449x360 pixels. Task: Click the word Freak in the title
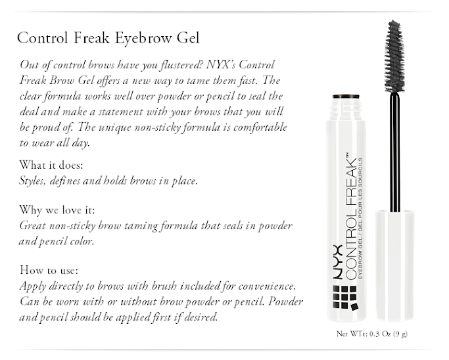(91, 38)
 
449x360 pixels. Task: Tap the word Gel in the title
(188, 38)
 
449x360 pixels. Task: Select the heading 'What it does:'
(51, 165)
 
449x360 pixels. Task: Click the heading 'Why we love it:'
(57, 210)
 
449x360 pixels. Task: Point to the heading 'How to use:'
(49, 270)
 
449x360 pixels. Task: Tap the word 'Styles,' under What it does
(32, 181)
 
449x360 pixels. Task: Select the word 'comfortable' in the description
(260, 127)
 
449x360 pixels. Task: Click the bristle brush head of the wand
(394, 56)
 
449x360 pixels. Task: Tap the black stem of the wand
(395, 152)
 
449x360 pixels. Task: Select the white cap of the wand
(395, 265)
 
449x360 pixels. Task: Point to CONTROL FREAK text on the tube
(351, 216)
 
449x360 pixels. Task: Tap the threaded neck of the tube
(346, 110)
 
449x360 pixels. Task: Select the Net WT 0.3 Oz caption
(372, 334)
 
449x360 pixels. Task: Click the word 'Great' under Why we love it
(32, 226)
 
